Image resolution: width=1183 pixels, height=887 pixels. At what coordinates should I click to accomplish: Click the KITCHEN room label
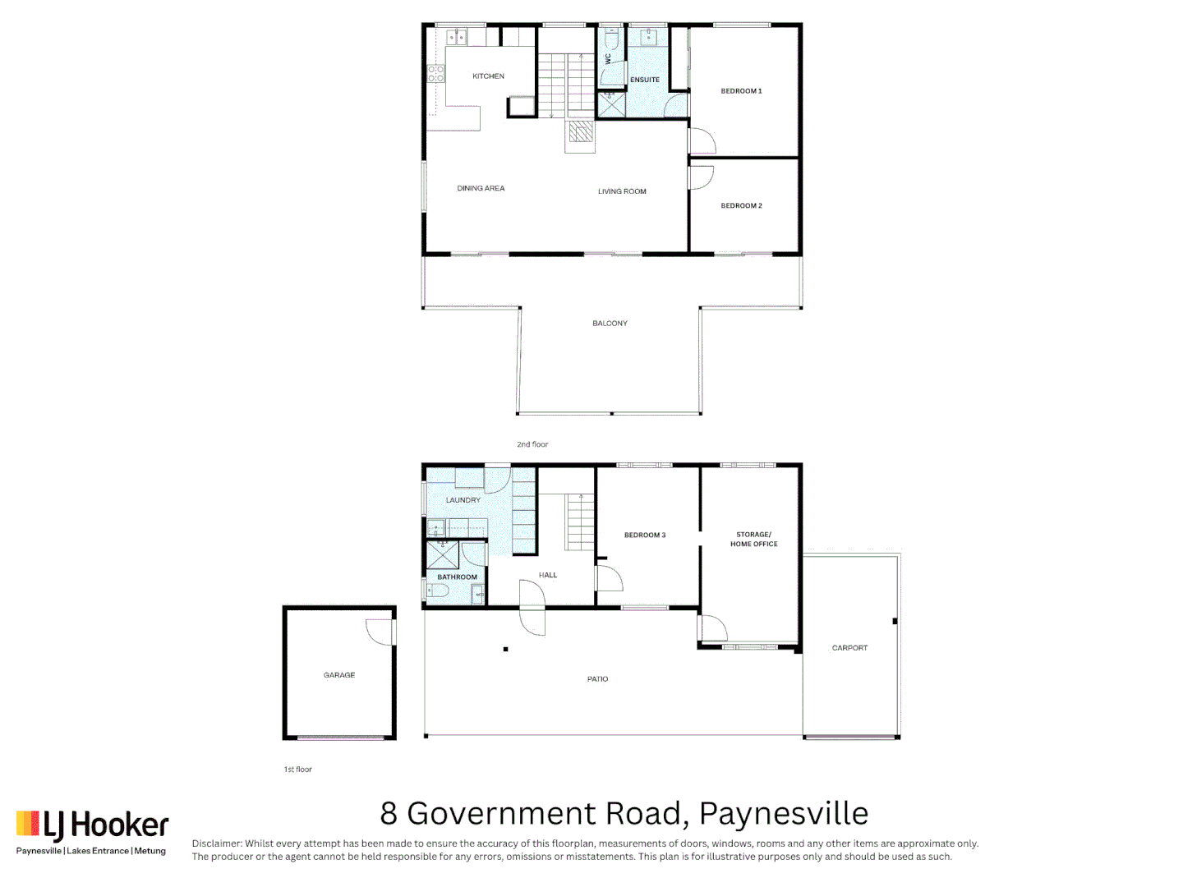488,76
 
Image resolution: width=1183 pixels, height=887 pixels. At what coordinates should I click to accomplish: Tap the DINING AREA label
481,189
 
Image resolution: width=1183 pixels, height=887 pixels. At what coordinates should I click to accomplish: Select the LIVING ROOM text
622,192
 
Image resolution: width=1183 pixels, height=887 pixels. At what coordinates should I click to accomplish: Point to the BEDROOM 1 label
741,91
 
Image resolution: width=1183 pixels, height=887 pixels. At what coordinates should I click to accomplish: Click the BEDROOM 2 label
741,206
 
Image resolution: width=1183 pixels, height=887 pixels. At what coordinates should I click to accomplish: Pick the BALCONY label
610,324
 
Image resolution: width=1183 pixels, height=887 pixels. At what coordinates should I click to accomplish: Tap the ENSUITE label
645,80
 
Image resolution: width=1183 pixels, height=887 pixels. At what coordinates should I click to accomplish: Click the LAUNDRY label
463,500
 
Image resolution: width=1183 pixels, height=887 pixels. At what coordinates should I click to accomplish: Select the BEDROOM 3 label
645,535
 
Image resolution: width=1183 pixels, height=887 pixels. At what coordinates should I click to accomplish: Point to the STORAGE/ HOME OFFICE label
753,540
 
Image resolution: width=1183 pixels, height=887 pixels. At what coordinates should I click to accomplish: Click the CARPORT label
849,648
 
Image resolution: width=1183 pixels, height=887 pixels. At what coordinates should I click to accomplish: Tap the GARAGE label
339,675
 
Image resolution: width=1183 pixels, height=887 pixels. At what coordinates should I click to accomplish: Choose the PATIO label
597,679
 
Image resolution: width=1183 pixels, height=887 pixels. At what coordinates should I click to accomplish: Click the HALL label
548,576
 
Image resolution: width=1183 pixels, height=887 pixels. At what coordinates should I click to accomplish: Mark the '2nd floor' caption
532,444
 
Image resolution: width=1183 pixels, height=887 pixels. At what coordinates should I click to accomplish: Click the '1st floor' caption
298,770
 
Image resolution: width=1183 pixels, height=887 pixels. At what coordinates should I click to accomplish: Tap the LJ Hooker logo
93,825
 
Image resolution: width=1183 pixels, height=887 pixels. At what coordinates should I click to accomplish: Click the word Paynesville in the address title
784,814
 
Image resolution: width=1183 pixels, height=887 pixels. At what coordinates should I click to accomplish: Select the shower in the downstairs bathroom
442,555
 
